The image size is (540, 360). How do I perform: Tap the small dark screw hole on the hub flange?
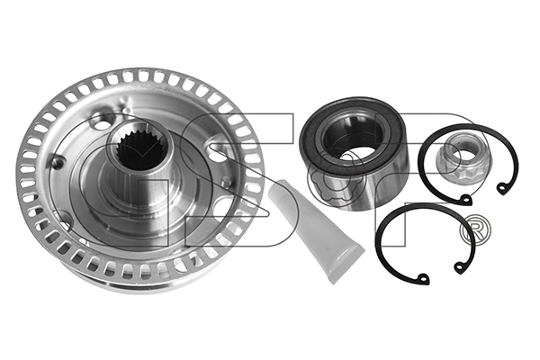pos(57,162)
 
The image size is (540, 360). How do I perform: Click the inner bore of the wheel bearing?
pos(353,139)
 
